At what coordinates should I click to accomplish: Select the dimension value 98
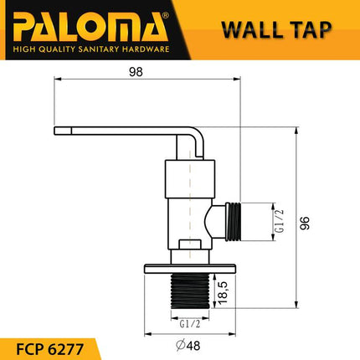click(136, 72)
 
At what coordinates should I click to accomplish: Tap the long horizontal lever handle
click(117, 131)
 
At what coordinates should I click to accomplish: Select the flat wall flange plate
click(192, 267)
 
